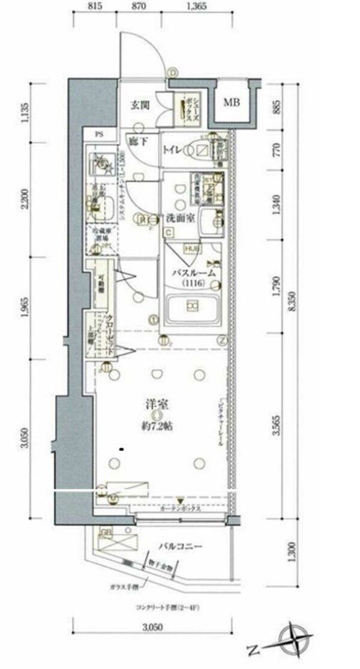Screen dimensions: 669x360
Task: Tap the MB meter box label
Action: [232, 103]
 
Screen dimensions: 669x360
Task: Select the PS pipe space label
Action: [97, 135]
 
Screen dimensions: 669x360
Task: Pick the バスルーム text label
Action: [193, 274]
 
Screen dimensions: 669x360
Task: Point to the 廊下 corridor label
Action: [139, 142]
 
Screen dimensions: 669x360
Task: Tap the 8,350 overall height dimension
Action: [293, 307]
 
